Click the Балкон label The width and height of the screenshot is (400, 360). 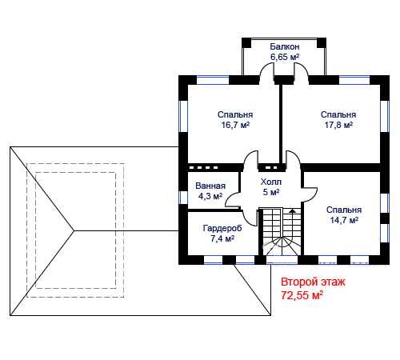point(285,46)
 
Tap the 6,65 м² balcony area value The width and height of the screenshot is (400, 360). point(285,57)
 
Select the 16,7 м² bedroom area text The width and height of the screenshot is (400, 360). point(235,125)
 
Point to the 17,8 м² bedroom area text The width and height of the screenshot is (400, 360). point(338,125)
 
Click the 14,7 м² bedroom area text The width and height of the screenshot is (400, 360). point(344,220)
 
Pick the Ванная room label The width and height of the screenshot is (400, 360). point(210,186)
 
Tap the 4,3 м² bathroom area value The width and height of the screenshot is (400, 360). point(210,196)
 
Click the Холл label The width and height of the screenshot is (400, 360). point(271,182)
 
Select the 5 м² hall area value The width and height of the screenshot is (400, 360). point(271,192)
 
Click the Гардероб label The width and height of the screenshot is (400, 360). point(222,228)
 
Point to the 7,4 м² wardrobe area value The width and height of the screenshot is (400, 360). point(222,238)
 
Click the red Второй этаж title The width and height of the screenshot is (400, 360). point(313,282)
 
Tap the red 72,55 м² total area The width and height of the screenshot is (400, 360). point(302,295)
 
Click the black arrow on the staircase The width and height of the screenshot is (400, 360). point(293,210)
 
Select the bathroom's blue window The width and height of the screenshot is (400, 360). point(183,198)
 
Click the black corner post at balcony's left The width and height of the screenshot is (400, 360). point(246,43)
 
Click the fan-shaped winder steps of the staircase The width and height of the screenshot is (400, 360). point(282,246)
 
